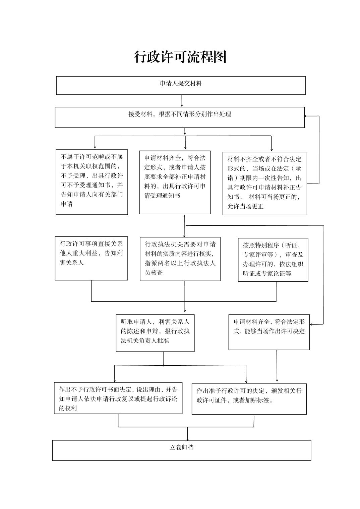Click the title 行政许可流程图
180,57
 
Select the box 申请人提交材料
181,85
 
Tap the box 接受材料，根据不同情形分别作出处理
180,117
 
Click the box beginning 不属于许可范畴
92,182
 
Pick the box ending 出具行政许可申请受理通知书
175,183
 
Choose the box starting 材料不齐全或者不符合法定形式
264,184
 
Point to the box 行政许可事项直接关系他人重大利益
92,259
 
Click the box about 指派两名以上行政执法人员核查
180,259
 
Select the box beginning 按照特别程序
273,260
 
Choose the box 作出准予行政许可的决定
249,399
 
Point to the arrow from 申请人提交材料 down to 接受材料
182,101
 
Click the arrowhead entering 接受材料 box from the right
306,116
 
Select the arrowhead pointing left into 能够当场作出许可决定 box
311,324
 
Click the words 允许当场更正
246,206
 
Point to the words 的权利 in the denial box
68,408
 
